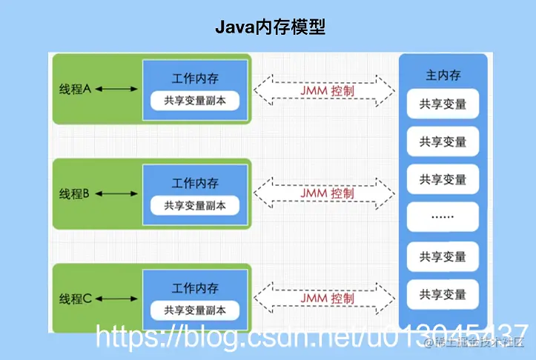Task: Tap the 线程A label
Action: (x=75, y=89)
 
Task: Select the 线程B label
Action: (x=75, y=194)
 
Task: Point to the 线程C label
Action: (x=75, y=299)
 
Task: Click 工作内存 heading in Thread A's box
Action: (x=195, y=79)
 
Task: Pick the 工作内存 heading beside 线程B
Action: (x=195, y=184)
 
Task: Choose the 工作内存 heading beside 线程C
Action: (x=195, y=288)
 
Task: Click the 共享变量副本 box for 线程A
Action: (x=195, y=101)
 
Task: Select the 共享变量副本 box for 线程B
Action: (x=195, y=205)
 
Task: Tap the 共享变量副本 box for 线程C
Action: (x=195, y=310)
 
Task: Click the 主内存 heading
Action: (x=443, y=76)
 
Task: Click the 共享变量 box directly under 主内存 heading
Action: (x=443, y=104)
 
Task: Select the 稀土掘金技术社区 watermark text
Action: (x=474, y=341)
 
